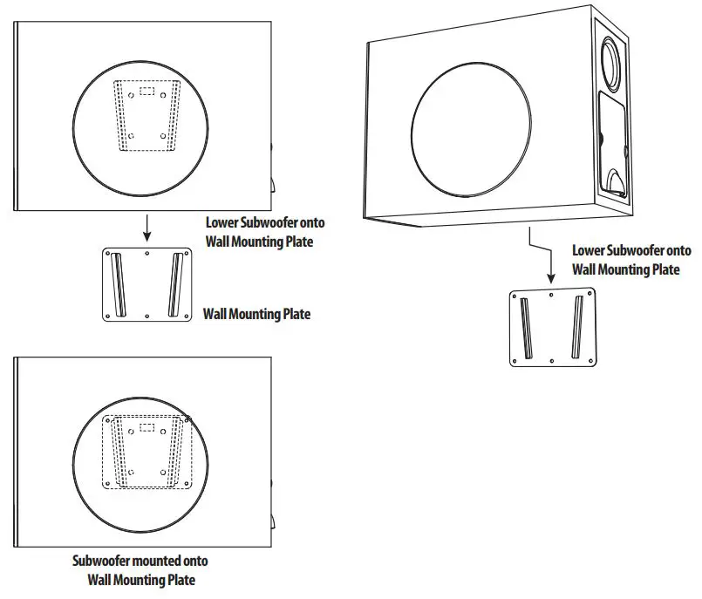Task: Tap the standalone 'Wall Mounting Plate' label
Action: [256, 314]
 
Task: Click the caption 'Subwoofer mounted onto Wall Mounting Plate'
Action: [140, 570]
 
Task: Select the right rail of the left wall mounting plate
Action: [176, 283]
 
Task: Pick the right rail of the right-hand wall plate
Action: [576, 327]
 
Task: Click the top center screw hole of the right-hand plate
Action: [551, 296]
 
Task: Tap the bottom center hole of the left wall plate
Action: [147, 314]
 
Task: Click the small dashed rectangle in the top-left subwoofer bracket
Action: [147, 90]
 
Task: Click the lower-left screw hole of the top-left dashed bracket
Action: [131, 136]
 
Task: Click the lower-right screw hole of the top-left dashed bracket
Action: [164, 136]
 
